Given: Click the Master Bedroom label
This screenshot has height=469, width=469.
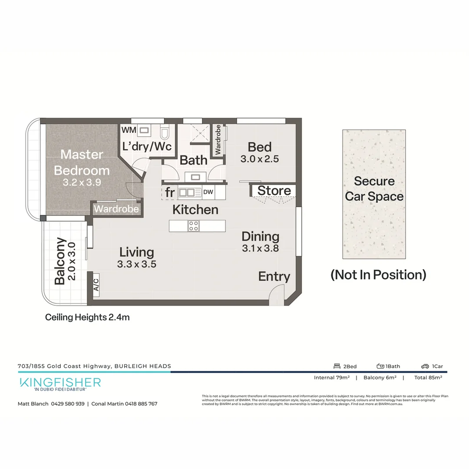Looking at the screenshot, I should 82,162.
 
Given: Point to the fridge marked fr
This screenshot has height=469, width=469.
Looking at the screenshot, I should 169,192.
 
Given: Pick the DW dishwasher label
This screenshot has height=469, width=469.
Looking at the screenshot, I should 208,192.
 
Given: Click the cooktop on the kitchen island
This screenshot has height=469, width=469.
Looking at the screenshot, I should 194,225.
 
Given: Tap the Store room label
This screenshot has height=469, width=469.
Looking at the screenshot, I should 274,191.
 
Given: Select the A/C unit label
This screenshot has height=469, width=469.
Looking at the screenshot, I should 96,285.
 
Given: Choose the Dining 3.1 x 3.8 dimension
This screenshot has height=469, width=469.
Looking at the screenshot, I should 261,248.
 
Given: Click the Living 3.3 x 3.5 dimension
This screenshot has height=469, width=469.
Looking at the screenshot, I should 136,264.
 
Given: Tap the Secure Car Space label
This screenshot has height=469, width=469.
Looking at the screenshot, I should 374,189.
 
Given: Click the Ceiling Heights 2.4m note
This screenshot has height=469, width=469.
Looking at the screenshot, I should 87,317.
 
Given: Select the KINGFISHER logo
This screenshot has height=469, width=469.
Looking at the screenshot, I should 60,383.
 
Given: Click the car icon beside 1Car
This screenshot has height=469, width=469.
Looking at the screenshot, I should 425,367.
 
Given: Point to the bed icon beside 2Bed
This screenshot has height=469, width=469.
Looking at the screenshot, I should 337,367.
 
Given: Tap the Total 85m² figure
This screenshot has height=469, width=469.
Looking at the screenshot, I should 428,378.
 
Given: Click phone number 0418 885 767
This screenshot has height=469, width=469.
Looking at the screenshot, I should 135,404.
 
